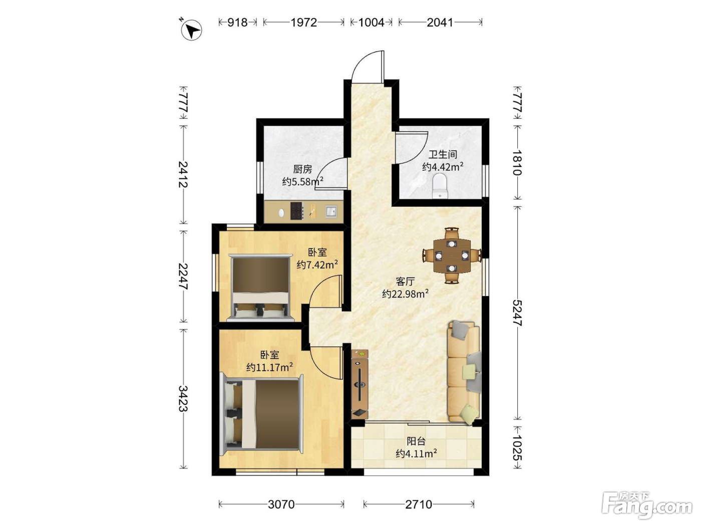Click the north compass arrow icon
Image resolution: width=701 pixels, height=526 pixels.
[191, 30]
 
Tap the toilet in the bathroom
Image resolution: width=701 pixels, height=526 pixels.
[440, 186]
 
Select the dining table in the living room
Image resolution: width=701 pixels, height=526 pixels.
[452, 255]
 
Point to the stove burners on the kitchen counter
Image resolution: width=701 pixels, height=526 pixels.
[297, 211]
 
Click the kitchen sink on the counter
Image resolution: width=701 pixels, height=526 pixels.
[331, 211]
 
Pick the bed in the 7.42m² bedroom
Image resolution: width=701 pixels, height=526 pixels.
[260, 288]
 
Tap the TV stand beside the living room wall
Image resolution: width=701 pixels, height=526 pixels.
[360, 384]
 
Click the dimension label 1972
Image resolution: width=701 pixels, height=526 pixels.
[304, 23]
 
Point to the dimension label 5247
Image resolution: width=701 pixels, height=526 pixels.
[517, 313]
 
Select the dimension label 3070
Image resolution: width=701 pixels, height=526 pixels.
[281, 504]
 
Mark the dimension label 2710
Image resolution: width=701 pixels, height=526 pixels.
[419, 504]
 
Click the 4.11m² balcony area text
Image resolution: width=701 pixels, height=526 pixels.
[416, 453]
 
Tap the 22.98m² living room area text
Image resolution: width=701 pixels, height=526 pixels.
[405, 294]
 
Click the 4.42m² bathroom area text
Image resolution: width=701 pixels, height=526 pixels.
[443, 166]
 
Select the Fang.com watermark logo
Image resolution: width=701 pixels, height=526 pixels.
[647, 506]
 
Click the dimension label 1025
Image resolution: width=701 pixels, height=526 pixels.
[517, 447]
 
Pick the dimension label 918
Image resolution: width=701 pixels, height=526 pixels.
[237, 23]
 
